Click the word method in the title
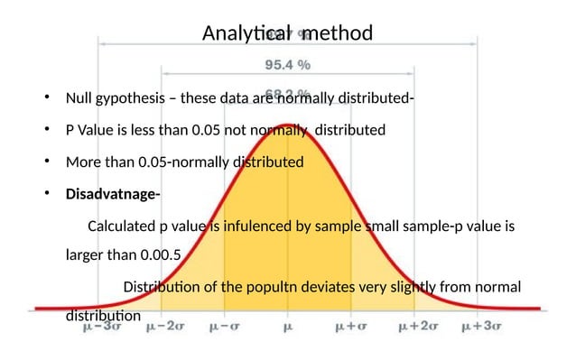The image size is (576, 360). pos(337,34)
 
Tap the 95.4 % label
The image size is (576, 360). pos(287,65)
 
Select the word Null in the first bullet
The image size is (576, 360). pos(79,98)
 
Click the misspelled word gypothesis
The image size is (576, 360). pos(137,98)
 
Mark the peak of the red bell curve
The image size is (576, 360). pos(287,125)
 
